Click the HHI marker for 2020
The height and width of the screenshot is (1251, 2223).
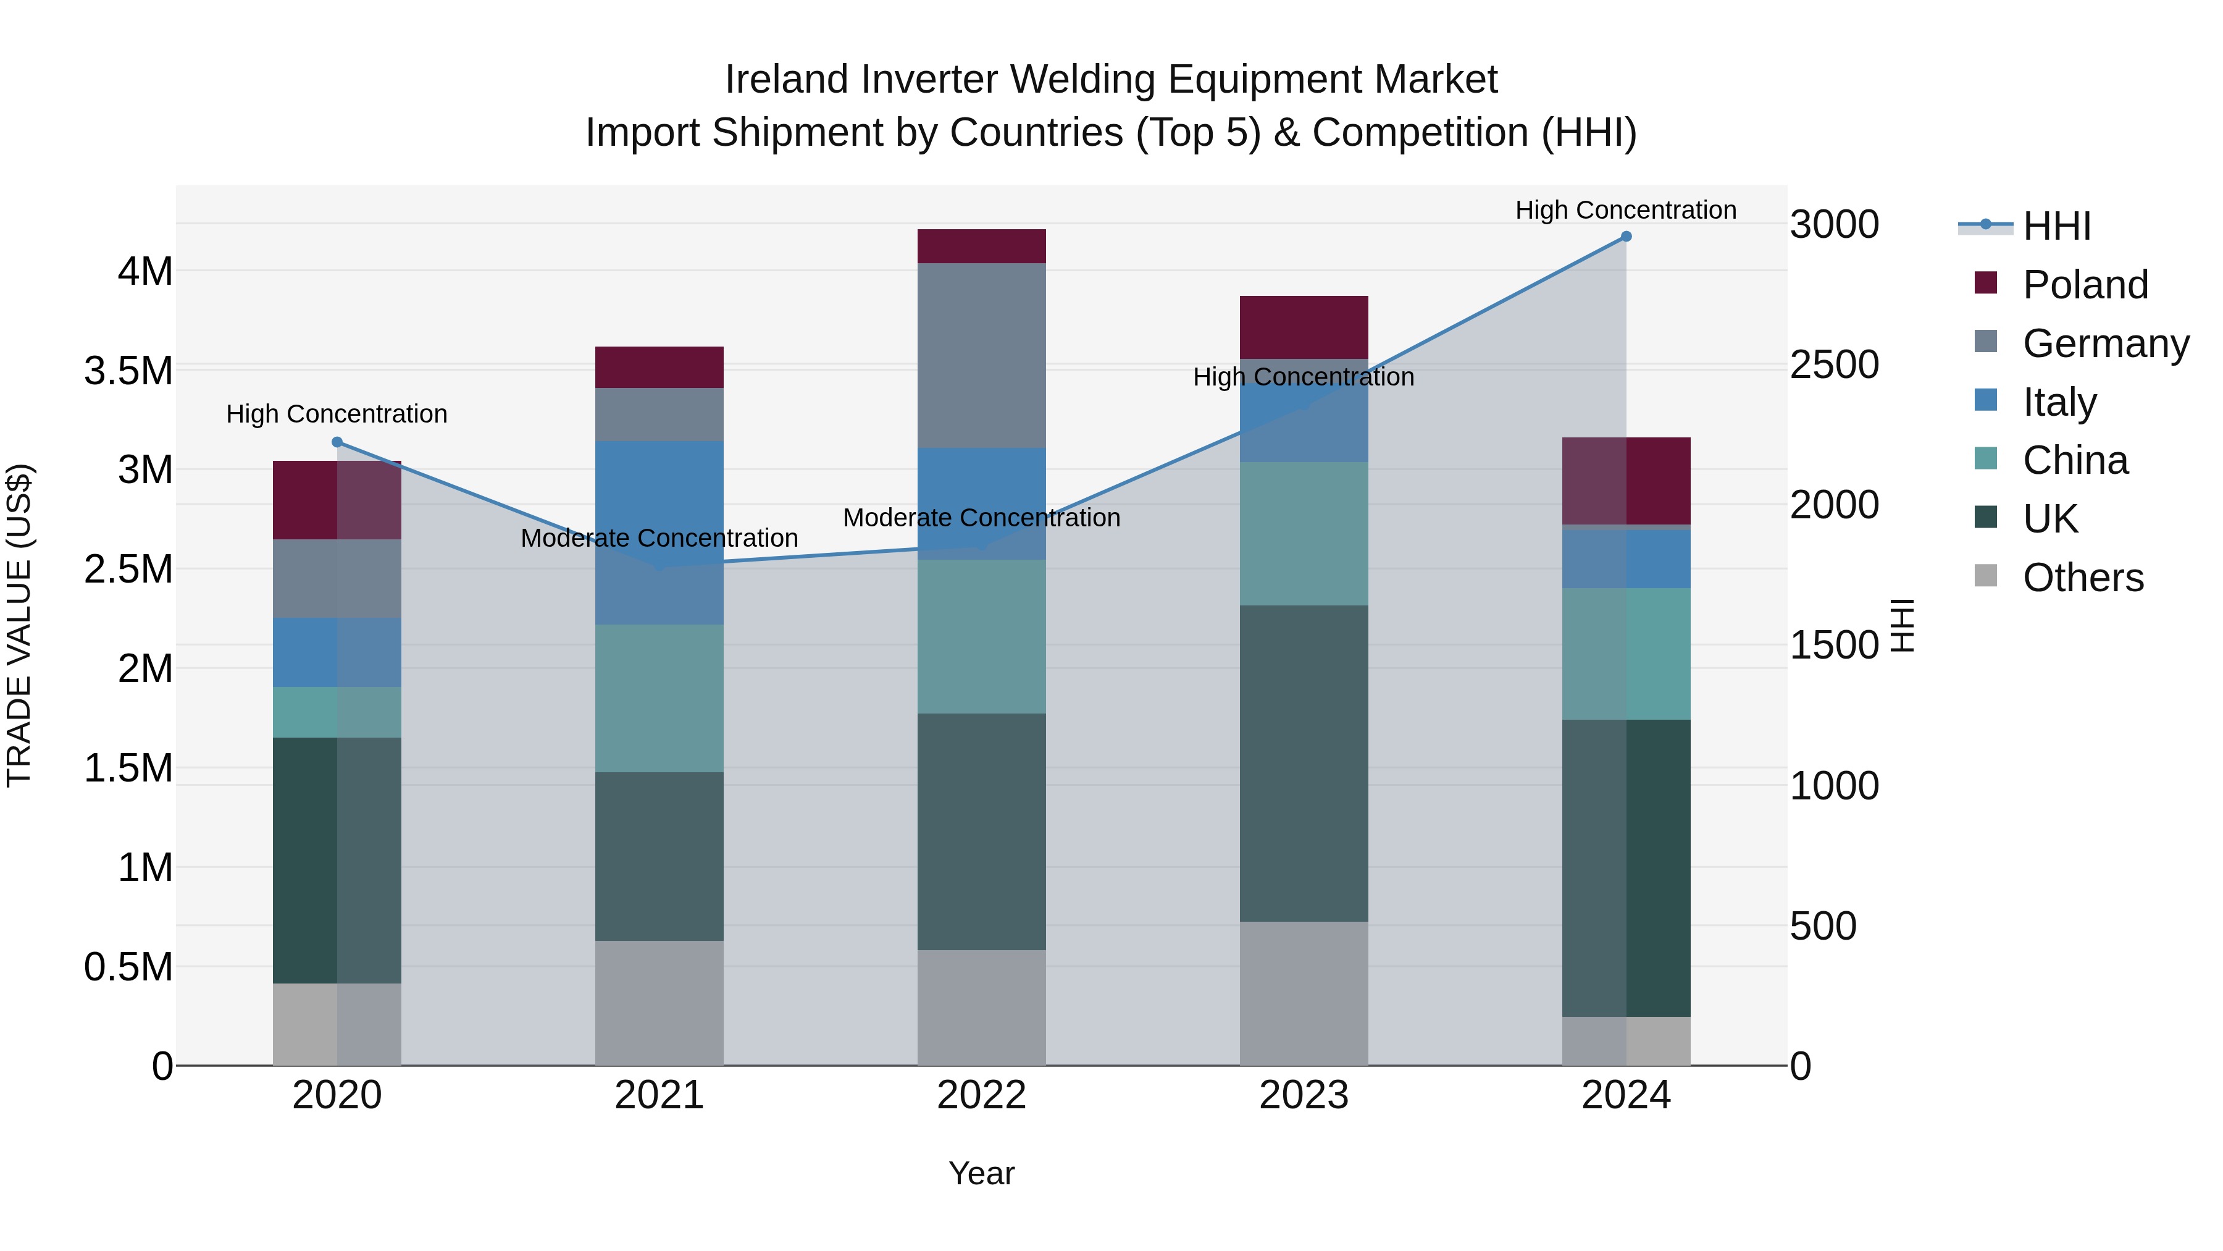(337, 442)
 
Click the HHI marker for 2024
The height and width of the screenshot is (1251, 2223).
(1626, 237)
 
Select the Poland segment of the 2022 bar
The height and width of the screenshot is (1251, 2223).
(981, 246)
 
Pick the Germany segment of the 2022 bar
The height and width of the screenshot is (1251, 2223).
(981, 355)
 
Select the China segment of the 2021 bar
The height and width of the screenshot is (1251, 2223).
(659, 697)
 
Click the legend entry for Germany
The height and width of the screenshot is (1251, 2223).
(2106, 343)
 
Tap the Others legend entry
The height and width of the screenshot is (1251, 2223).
(2082, 578)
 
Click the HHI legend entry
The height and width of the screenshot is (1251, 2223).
(2056, 226)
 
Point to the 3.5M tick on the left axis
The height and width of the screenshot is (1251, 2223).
(128, 371)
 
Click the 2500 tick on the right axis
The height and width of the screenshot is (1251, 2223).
(1835, 364)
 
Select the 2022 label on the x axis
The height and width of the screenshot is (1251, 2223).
(981, 1095)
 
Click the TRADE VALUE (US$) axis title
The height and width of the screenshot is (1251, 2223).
(19, 625)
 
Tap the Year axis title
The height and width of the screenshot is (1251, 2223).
(981, 1173)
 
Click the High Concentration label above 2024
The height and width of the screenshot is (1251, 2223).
(1626, 210)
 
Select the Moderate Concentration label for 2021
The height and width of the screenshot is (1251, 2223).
(659, 538)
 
